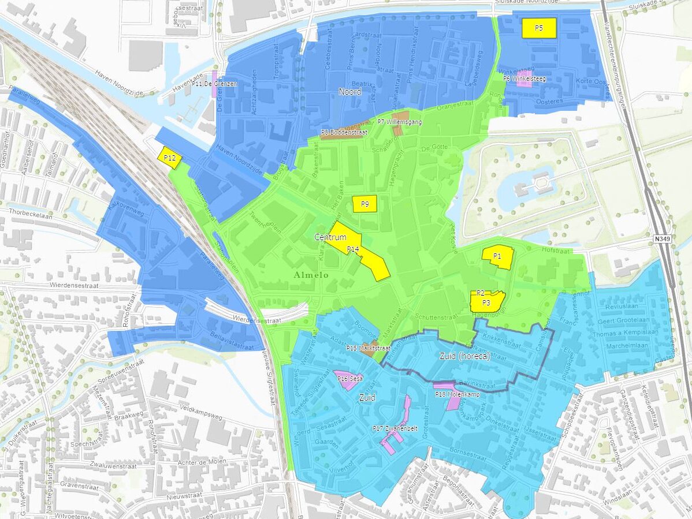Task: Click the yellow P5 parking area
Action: pos(538,28)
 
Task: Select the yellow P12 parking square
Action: pos(170,158)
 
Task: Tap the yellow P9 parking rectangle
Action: pos(364,204)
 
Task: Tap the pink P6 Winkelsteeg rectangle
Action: pos(524,80)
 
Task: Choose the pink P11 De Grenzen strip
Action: pos(214,84)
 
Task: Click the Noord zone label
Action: pos(350,92)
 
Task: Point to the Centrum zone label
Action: pos(330,237)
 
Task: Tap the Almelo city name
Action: pos(311,275)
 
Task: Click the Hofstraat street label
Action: pos(556,251)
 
